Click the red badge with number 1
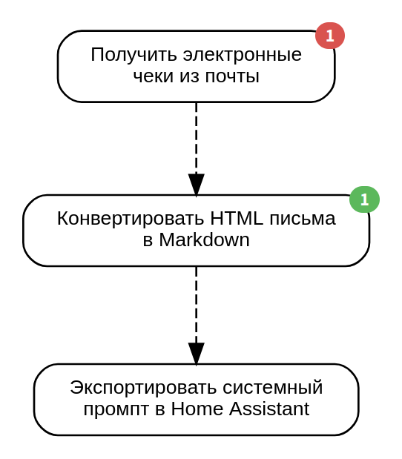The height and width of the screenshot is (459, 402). pyautogui.click(x=330, y=36)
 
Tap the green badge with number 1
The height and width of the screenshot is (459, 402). pyautogui.click(x=364, y=199)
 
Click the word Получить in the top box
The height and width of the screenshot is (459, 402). pyautogui.click(x=134, y=55)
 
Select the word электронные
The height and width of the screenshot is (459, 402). pyautogui.click(x=242, y=55)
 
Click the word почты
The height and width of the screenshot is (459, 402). pyautogui.click(x=232, y=76)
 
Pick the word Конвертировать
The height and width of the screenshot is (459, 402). pyautogui.click(x=131, y=218)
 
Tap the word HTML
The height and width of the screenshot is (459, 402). pyautogui.click(x=237, y=218)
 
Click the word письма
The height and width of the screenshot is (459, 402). pyautogui.click(x=303, y=219)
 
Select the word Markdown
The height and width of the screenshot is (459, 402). pyautogui.click(x=205, y=240)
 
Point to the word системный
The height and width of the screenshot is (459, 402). pyautogui.click(x=273, y=388)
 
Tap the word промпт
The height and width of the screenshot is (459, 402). pyautogui.click(x=116, y=409)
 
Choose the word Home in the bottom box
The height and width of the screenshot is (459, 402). pyautogui.click(x=197, y=409)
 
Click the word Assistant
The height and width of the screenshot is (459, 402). pyautogui.click(x=269, y=409)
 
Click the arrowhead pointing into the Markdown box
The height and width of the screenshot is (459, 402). pyautogui.click(x=196, y=185)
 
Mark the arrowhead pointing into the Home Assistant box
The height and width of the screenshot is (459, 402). pyautogui.click(x=196, y=354)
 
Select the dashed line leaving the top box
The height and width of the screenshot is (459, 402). pyautogui.click(x=196, y=138)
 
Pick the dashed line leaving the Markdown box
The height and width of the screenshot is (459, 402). pyautogui.click(x=196, y=305)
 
